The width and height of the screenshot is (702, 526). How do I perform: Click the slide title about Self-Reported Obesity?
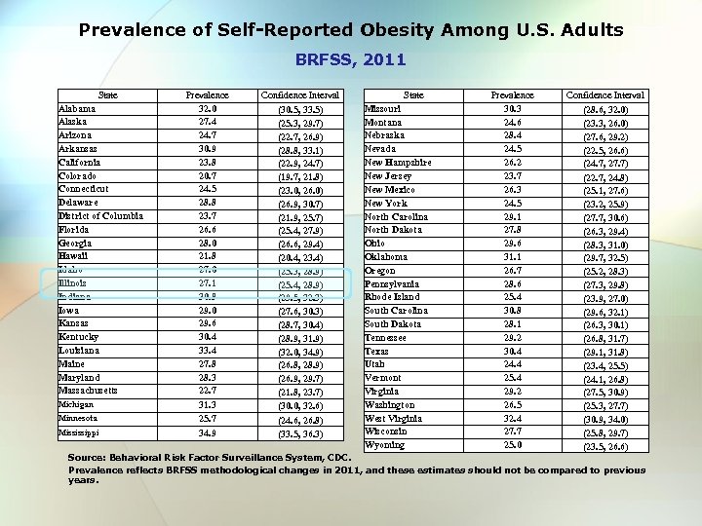click(351, 30)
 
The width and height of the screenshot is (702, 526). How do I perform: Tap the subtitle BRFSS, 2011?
click(351, 60)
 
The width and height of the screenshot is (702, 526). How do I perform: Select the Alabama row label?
click(77, 109)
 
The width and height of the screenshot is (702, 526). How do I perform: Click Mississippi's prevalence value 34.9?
click(207, 431)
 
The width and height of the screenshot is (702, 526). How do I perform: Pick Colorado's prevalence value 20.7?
click(207, 175)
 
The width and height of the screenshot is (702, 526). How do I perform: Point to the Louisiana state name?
click(79, 350)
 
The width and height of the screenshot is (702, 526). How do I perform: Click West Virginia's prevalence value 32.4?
click(512, 418)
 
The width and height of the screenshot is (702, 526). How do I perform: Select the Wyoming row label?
click(383, 445)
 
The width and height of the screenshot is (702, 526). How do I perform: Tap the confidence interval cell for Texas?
click(604, 351)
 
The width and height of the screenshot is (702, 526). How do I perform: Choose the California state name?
click(82, 163)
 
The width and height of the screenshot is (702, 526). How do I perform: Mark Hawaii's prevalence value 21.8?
click(207, 255)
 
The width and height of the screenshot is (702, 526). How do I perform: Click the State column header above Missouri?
click(413, 95)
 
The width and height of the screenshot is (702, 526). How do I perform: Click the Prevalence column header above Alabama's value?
click(207, 95)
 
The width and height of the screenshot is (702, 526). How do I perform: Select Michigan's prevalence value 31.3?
click(207, 403)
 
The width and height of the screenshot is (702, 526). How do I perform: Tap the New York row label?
click(386, 203)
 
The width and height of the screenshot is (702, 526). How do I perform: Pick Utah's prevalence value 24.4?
click(512, 363)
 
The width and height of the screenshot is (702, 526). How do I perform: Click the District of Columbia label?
click(100, 216)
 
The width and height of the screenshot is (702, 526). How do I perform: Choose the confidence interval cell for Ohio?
click(604, 244)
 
